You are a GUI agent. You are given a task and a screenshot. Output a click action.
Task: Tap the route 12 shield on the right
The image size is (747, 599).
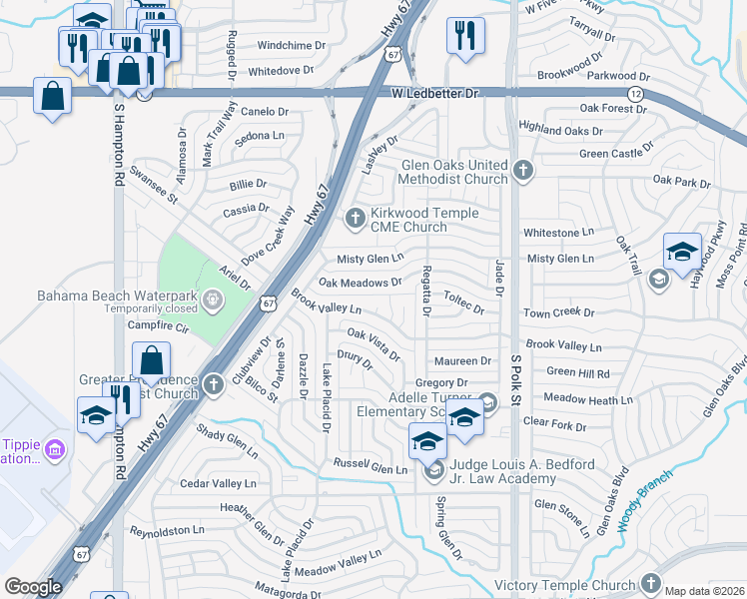pyautogui.click(x=636, y=93)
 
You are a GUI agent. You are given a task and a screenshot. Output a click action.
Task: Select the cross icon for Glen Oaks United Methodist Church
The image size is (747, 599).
pyautogui.click(x=522, y=172)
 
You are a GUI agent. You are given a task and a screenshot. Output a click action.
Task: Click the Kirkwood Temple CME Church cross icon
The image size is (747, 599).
pyautogui.click(x=355, y=218)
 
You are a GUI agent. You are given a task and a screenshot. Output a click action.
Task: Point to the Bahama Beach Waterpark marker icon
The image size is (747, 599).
pyautogui.click(x=213, y=299)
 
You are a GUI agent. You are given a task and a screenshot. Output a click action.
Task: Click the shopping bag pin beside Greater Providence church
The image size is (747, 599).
pyautogui.click(x=151, y=361)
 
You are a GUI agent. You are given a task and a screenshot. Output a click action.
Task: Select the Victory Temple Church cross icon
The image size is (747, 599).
pyautogui.click(x=651, y=583)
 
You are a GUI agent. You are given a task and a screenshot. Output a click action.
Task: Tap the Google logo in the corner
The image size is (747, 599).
pyautogui.click(x=33, y=587)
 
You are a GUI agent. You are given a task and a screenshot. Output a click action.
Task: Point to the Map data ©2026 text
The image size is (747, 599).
pyautogui.click(x=703, y=591)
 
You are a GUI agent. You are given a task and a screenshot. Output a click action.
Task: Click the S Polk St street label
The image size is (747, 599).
pyautogui.click(x=516, y=379)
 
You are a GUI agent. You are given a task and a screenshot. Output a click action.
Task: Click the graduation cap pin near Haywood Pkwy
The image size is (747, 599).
pyautogui.click(x=683, y=251)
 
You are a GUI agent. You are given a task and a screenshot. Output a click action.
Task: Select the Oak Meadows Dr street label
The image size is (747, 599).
pyautogui.click(x=360, y=283)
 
